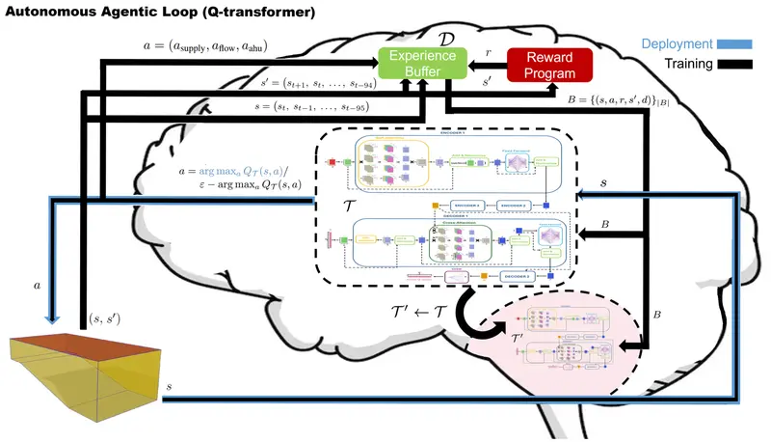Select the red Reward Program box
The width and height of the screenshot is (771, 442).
[x=546, y=65]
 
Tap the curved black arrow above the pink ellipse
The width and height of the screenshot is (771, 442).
[x=472, y=315]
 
